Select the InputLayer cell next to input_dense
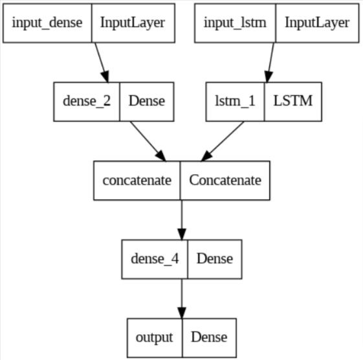coord(132,23)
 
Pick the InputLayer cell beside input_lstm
coord(317,23)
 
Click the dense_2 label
coord(87,101)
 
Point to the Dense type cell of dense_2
coord(146,101)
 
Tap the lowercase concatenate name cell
coord(137,179)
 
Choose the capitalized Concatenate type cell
coord(225,179)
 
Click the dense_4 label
coord(154,258)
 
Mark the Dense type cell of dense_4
coord(214,258)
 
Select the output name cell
coord(155,337)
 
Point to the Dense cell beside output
coord(209,337)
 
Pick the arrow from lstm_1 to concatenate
coord(223,141)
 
